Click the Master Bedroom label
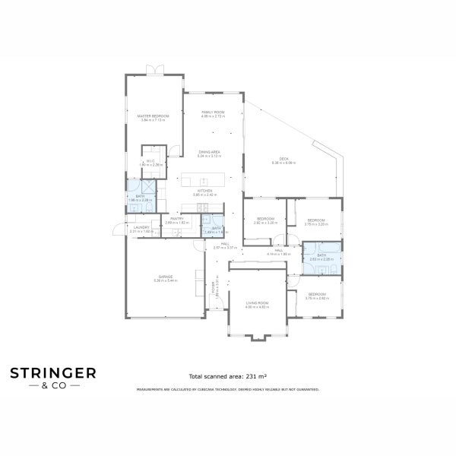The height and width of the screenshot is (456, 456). pyautogui.click(x=153, y=116)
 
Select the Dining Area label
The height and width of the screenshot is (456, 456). pyautogui.click(x=209, y=152)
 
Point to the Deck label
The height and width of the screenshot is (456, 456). pyautogui.click(x=283, y=159)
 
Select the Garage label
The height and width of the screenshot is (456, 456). pyautogui.click(x=165, y=277)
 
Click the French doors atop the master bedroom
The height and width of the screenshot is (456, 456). pyautogui.click(x=154, y=71)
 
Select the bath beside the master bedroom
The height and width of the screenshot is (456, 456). pyautogui.click(x=140, y=196)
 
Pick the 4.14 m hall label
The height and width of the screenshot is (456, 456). pyautogui.click(x=278, y=250)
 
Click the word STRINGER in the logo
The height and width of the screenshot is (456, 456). pyautogui.click(x=52, y=372)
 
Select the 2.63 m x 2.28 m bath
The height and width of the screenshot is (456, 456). pyautogui.click(x=321, y=255)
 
